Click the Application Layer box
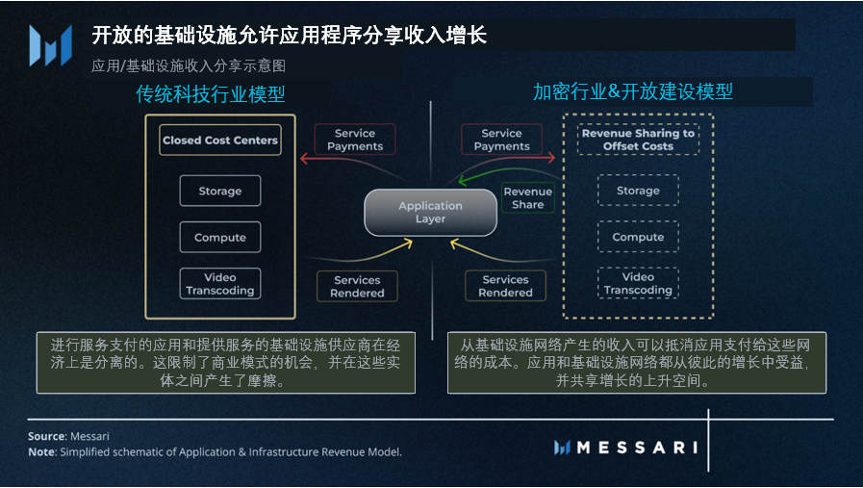click(430, 212)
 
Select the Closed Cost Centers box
click(220, 141)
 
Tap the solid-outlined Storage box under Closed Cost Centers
click(220, 191)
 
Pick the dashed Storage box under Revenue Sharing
click(638, 191)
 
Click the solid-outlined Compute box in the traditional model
click(220, 238)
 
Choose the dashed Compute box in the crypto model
click(638, 237)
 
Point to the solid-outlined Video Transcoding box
click(220, 284)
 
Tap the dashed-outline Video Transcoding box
click(638, 283)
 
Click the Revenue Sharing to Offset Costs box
click(638, 140)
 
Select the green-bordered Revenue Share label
click(527, 198)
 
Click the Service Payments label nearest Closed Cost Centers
click(355, 140)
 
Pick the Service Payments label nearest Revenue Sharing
click(501, 140)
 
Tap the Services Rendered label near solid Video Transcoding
click(357, 286)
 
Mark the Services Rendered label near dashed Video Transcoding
click(505, 286)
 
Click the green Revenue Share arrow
click(481, 178)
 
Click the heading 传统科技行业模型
click(211, 94)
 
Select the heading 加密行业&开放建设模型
click(633, 91)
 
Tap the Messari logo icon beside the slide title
click(50, 45)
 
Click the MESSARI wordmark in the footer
click(625, 448)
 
